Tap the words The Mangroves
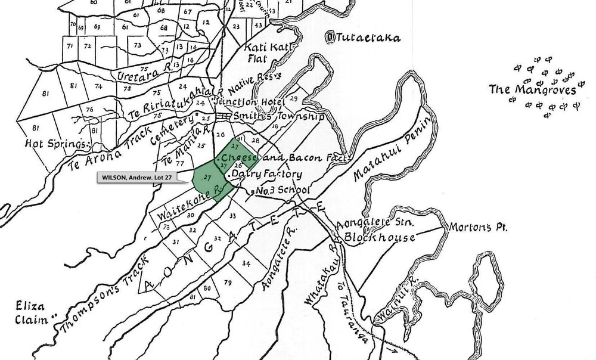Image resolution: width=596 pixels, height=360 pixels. pyautogui.click(x=532, y=91)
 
